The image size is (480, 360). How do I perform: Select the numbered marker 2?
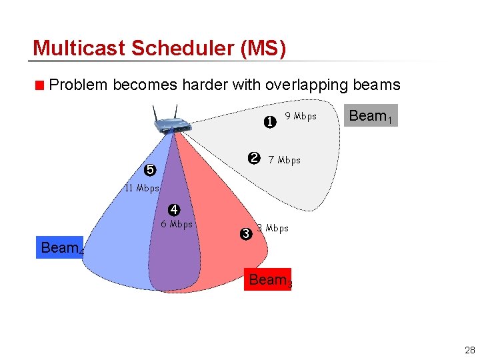coord(254,158)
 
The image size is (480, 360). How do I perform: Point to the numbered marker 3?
coord(245,234)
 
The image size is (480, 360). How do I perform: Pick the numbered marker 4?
coord(173,211)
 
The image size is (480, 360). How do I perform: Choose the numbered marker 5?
coord(150,170)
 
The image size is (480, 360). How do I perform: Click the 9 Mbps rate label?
coord(301,116)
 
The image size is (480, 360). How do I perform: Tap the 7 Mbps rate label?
coord(284,160)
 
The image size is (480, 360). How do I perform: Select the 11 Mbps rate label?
coord(142,188)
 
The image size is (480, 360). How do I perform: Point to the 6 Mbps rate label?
coord(177,224)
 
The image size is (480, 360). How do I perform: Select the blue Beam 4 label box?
coord(62,248)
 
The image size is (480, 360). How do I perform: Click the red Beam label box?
coord(269,280)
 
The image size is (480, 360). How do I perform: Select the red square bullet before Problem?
coord(40,85)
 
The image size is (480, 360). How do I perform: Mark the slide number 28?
coord(469,349)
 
